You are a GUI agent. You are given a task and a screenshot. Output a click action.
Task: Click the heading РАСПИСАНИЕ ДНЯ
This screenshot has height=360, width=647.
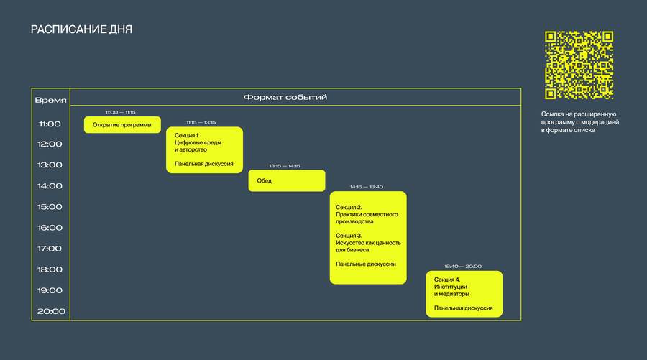(x=81, y=29)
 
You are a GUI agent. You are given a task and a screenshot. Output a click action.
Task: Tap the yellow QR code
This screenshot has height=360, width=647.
(x=579, y=65)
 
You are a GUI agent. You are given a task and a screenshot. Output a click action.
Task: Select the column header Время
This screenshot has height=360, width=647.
(x=50, y=100)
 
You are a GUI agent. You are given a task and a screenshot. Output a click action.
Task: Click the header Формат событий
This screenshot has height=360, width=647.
(x=285, y=97)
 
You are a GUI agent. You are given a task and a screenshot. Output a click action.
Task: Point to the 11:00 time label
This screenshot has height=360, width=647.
(x=50, y=124)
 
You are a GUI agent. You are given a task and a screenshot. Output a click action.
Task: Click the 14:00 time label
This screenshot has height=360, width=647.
(x=50, y=186)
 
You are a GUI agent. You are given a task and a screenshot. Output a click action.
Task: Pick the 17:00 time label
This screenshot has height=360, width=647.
(x=50, y=249)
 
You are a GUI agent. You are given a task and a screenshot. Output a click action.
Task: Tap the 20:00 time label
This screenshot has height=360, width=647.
(x=51, y=311)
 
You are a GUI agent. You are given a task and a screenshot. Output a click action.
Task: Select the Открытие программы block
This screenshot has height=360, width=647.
(x=122, y=124)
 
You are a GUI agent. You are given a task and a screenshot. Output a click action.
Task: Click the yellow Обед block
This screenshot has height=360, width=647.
(x=286, y=180)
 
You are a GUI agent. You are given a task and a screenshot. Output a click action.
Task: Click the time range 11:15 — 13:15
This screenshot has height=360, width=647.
(x=201, y=122)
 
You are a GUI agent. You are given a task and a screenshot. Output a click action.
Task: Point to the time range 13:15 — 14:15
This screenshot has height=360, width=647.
(x=285, y=166)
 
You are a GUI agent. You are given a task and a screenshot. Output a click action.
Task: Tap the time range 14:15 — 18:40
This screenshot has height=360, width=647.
(x=367, y=187)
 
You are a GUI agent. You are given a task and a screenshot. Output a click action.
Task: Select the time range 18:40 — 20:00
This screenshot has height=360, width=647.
(x=463, y=267)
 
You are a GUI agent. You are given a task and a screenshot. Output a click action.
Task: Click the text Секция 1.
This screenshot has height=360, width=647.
(x=187, y=135)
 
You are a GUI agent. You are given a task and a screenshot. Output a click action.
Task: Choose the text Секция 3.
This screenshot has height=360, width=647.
(x=349, y=236)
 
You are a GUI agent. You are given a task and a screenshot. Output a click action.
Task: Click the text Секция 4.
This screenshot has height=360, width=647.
(x=447, y=280)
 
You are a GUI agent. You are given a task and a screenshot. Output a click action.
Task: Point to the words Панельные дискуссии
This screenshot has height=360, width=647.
(x=366, y=264)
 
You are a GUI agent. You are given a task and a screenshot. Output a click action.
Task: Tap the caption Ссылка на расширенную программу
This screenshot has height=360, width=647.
(x=579, y=118)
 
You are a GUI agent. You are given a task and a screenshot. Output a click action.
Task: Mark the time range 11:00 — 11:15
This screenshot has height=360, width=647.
(x=121, y=112)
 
